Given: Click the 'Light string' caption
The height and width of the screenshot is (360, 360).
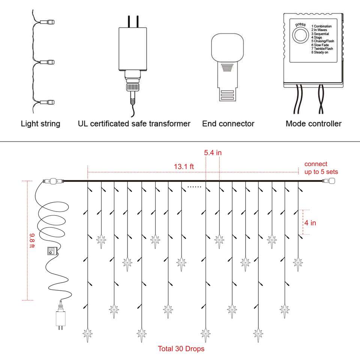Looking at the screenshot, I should tap(40, 124).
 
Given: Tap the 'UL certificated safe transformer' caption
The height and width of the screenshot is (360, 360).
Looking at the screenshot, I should tap(134, 124).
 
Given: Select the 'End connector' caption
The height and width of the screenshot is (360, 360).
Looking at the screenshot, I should tap(228, 124).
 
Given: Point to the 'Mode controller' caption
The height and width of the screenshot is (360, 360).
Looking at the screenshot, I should tap(313, 124).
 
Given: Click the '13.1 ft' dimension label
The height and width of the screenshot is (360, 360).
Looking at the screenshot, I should tap(184, 166).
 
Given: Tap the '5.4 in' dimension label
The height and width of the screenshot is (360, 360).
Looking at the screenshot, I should tap(213, 153).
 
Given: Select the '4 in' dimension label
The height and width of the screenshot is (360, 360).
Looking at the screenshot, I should tap(310, 223).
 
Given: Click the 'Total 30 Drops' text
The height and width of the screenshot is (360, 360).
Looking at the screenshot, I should tap(181, 349).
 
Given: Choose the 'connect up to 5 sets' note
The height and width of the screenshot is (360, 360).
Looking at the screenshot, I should tap(321, 168).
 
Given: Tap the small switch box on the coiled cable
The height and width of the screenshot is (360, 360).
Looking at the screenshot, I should tap(50, 251).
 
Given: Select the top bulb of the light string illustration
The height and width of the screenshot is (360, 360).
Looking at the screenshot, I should tap(49, 22).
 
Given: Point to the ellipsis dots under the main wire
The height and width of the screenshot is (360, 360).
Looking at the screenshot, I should tap(194, 186).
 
